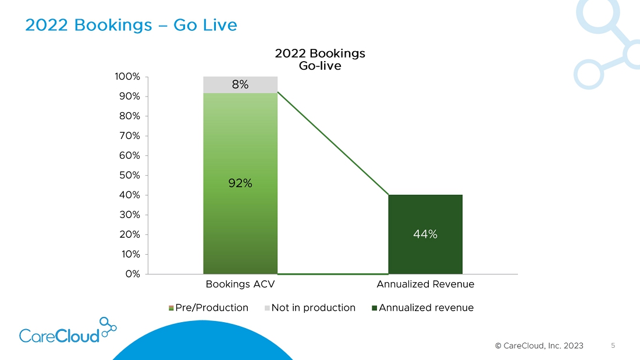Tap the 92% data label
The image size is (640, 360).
point(240,183)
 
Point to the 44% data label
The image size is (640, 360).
point(425,234)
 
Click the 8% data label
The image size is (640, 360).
point(240,85)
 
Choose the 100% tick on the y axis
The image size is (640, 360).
point(128,77)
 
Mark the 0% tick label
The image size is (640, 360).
point(133,274)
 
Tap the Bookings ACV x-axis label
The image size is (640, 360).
point(240,284)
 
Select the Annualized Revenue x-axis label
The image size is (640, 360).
point(425,284)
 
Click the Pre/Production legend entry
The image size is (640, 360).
point(208,308)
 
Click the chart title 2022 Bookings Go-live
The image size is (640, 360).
point(320,59)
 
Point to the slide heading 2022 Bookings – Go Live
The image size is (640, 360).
point(131,26)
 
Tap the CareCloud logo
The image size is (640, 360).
point(67,332)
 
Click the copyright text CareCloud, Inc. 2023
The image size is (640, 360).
point(539,346)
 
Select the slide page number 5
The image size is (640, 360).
point(613,345)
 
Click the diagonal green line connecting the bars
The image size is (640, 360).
point(333,143)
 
